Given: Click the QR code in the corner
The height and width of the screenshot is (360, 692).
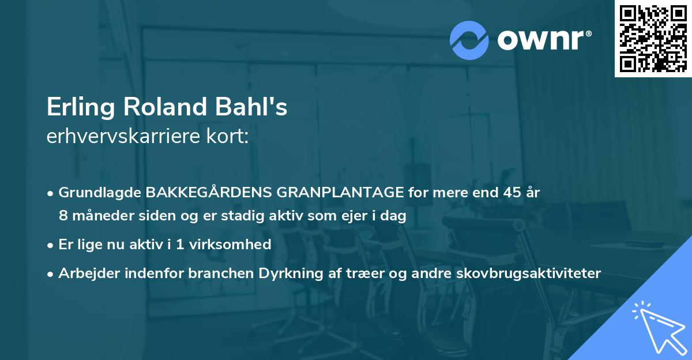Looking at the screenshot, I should [652, 38].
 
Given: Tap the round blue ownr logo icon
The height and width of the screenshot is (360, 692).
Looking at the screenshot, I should [469, 40].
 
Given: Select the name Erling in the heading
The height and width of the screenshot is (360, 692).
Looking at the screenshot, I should [78, 108].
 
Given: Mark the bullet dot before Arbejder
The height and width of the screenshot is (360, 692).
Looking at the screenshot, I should [51, 273].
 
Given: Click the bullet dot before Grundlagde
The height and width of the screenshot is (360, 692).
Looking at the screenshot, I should [51, 193].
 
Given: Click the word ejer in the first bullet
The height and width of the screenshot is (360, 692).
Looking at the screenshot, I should [337, 216].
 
